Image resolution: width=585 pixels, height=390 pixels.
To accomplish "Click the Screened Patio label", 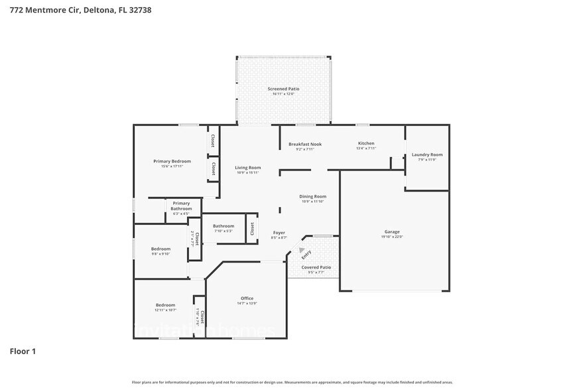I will [x=283, y=88].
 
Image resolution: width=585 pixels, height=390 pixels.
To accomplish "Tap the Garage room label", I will [x=391, y=232].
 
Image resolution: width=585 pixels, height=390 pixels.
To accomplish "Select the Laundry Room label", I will [x=426, y=155].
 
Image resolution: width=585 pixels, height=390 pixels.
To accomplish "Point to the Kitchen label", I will [x=366, y=143].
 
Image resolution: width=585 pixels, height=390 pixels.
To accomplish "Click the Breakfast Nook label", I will [x=305, y=144].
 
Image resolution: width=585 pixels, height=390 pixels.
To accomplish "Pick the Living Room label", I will [x=247, y=168].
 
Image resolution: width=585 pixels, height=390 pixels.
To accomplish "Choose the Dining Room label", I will [x=312, y=196].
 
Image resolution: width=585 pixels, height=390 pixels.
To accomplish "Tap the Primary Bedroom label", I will [x=172, y=161].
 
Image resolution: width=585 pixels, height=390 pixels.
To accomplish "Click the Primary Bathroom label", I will [x=181, y=206].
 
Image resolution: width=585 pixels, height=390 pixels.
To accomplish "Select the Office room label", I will [x=247, y=298].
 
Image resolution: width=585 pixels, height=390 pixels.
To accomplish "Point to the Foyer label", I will [x=279, y=233].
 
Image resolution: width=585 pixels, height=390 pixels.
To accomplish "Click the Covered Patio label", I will [x=316, y=267].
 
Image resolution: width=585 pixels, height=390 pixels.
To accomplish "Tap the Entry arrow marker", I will [x=301, y=250].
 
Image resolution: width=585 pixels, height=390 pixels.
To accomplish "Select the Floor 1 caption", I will [x=23, y=351].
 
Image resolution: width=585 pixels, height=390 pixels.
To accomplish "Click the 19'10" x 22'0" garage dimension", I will [x=391, y=237].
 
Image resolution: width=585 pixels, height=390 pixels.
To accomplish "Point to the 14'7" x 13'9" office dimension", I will [x=247, y=303].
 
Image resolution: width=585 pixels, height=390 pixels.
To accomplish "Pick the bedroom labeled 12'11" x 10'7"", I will [x=165, y=307].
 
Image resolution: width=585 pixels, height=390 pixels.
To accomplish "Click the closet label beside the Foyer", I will [x=252, y=228].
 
